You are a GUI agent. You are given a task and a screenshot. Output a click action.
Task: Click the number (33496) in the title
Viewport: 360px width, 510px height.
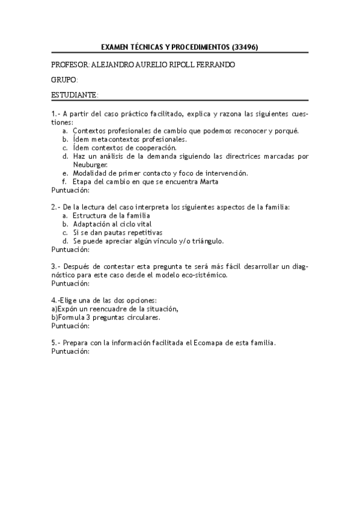pos(245,46)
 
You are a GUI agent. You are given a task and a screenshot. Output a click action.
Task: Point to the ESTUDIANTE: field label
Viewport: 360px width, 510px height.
pos(75,95)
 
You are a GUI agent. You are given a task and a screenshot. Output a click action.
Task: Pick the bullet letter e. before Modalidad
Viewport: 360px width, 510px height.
pos(64,173)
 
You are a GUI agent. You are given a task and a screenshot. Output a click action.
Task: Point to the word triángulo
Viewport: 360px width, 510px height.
pos(206,241)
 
